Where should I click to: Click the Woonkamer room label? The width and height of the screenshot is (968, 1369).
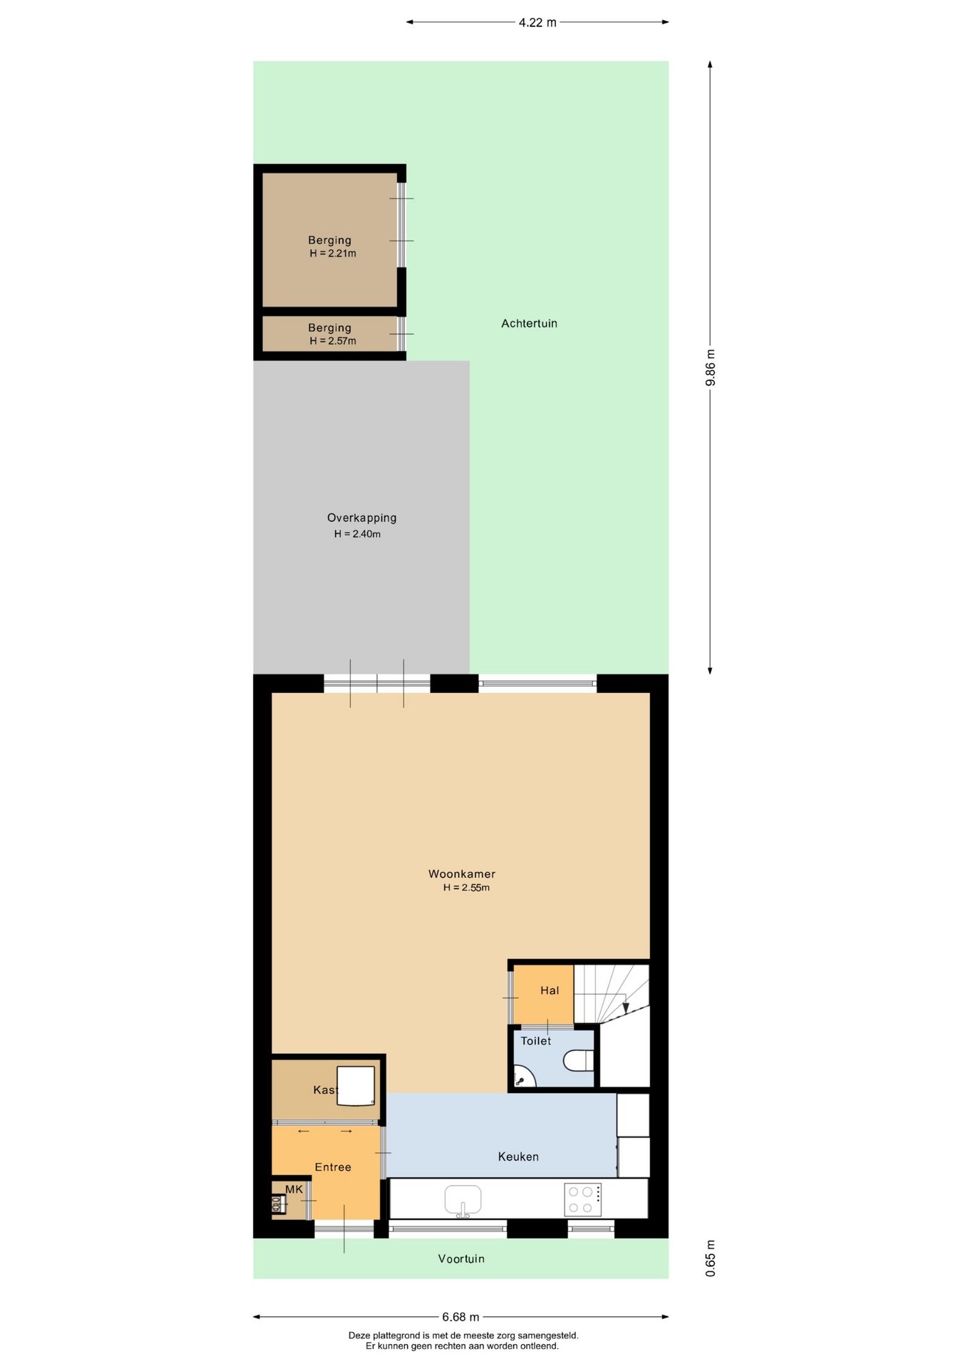point(461,873)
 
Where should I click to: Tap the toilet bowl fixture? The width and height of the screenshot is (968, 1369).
point(579,1061)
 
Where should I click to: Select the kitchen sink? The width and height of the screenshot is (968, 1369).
point(463,1200)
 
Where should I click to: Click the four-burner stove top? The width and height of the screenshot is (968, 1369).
point(582,1199)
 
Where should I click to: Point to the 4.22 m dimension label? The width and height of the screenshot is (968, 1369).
point(537,23)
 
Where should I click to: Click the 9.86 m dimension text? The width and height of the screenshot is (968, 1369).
point(710,367)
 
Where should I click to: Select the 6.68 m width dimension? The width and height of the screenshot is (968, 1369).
point(460,1317)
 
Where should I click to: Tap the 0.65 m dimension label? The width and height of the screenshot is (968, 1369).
point(710,1258)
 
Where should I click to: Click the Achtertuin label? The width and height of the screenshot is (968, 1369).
point(529,324)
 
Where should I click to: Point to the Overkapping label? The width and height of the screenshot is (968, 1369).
point(361,518)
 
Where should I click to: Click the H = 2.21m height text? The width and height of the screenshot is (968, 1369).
point(333,253)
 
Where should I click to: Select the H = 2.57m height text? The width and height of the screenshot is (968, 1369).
point(333,341)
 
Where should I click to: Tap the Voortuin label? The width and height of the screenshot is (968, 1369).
point(461,1258)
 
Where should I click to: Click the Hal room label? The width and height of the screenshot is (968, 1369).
point(550,990)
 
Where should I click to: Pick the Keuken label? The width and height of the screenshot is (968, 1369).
point(518,1157)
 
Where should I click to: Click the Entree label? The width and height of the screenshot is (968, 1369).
point(333,1167)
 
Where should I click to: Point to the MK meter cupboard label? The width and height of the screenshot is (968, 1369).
point(294,1189)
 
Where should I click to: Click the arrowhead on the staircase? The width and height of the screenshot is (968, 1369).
point(626,1008)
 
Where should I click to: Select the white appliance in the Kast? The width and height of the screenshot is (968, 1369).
point(356,1086)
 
